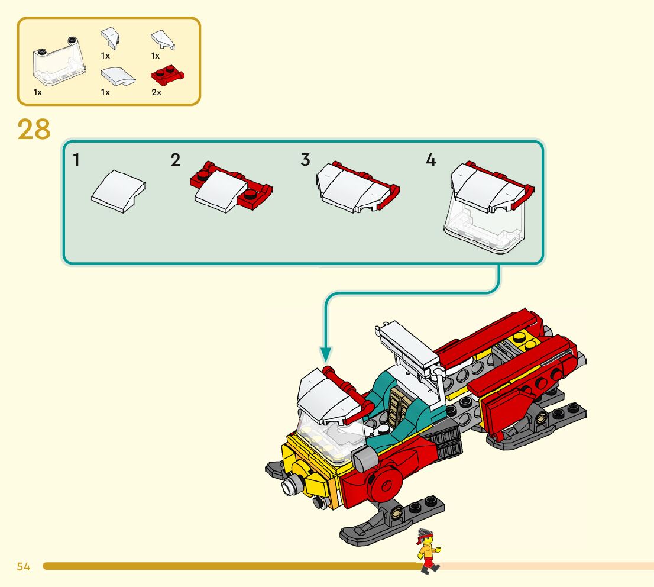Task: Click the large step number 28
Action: [34, 130]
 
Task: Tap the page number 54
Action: [24, 566]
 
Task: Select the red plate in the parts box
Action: [167, 76]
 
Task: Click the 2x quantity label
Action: [157, 93]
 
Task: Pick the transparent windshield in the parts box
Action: [59, 62]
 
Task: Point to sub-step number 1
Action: [76, 160]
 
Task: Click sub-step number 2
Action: [176, 160]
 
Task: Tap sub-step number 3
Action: [305, 160]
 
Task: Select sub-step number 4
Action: [431, 160]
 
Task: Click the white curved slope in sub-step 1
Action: [118, 191]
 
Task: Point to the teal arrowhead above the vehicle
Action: [326, 354]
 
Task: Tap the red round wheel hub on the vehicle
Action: [385, 484]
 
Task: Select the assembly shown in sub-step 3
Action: [357, 187]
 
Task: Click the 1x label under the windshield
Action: [37, 93]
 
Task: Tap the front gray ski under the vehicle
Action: [391, 520]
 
